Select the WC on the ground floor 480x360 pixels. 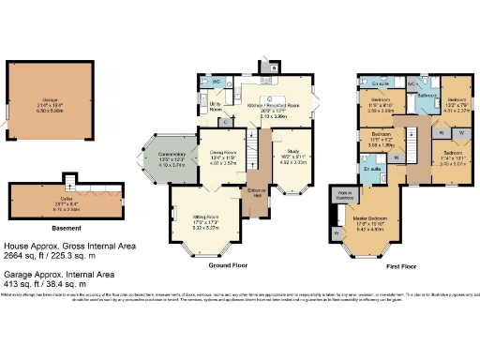pyautogui.click(x=215, y=82)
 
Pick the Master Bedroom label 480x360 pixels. pyautogui.click(x=371, y=219)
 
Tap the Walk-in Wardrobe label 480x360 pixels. pyautogui.click(x=345, y=194)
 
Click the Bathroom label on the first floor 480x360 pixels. pyautogui.click(x=428, y=96)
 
